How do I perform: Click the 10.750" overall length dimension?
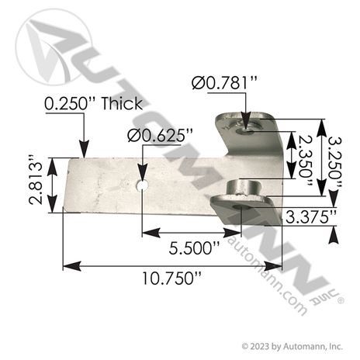click(x=171, y=278)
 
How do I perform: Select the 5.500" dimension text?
click(x=194, y=248)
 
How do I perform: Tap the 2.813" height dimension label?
click(x=36, y=180)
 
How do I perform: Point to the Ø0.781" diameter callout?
click(x=224, y=83)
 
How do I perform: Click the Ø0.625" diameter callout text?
click(x=161, y=135)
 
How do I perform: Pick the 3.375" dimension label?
click(x=311, y=217)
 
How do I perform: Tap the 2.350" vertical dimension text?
click(x=305, y=161)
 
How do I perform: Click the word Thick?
click(x=122, y=103)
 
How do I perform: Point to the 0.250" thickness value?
click(x=69, y=104)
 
